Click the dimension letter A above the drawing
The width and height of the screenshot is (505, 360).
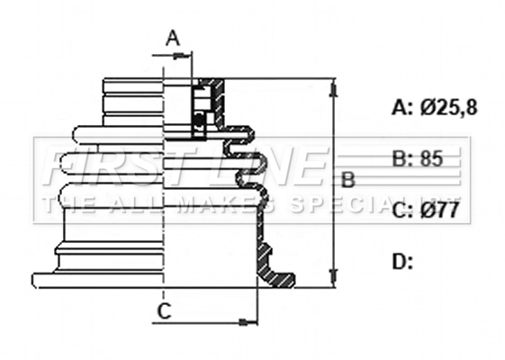[x=174, y=38]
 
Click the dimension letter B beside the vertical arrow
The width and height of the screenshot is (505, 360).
[x=347, y=180]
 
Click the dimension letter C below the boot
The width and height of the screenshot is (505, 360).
[x=164, y=311]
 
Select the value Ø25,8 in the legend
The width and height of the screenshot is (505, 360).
[x=448, y=107]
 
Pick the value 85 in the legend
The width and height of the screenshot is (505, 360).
[x=431, y=159]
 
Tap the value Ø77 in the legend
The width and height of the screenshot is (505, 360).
[x=440, y=211]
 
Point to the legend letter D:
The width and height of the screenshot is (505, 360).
[x=402, y=262]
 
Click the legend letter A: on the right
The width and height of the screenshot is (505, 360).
[x=402, y=107]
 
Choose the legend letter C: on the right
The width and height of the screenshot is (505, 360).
[x=402, y=211]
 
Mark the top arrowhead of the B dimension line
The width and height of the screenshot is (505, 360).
[x=334, y=85]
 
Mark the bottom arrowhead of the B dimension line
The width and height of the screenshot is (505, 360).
[x=334, y=281]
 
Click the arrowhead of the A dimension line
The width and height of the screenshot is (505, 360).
[x=188, y=56]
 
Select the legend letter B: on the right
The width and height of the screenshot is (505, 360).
[x=402, y=159]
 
